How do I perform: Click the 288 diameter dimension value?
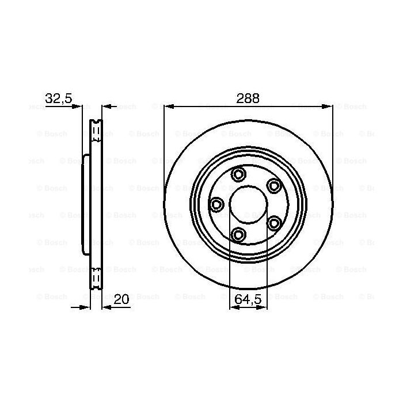(248, 98)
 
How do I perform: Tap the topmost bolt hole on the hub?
(238, 174)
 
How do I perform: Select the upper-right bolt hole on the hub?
(273, 185)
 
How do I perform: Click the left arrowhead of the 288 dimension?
(168, 106)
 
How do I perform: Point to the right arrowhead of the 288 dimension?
(329, 106)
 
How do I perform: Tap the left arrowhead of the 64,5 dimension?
(233, 307)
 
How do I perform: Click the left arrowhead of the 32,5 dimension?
(79, 106)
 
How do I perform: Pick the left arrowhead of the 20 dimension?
(86, 307)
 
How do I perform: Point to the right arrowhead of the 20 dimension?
(105, 307)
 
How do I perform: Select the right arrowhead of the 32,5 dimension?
(105, 106)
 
